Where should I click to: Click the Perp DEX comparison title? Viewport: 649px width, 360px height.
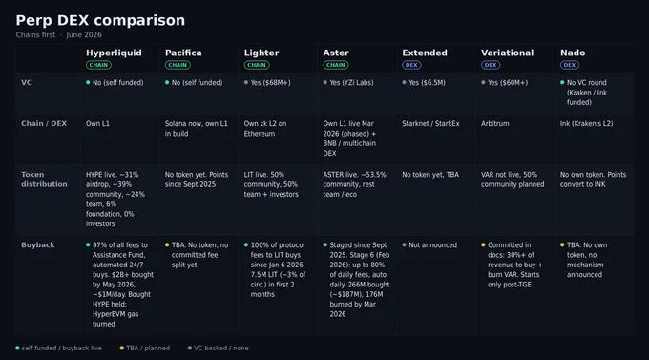[x=100, y=20]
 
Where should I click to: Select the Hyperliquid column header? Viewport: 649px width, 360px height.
[x=114, y=53]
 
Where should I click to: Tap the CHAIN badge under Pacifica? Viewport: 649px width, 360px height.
[x=178, y=65]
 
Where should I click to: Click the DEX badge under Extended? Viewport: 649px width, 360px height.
[x=411, y=65]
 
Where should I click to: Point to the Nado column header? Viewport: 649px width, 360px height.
[x=573, y=53]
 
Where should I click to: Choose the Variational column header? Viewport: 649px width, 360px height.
[x=507, y=53]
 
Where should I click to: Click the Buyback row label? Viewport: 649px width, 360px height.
[x=37, y=244]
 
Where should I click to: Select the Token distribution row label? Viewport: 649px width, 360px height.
[x=44, y=180]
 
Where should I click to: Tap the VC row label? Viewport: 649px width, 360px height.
[x=26, y=82]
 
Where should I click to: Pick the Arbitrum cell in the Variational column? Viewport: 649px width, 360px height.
[x=495, y=123]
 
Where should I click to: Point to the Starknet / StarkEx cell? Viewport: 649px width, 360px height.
[x=430, y=123]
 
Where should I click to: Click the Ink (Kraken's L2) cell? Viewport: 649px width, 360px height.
[x=587, y=123]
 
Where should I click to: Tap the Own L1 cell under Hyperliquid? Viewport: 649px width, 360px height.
[x=97, y=123]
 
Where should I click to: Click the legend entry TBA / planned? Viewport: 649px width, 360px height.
[x=144, y=348]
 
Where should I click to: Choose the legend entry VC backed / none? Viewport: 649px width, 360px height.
[x=218, y=348]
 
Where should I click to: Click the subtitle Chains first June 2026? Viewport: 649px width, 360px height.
[x=59, y=34]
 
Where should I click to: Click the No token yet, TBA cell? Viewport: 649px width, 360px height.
[x=430, y=175]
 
